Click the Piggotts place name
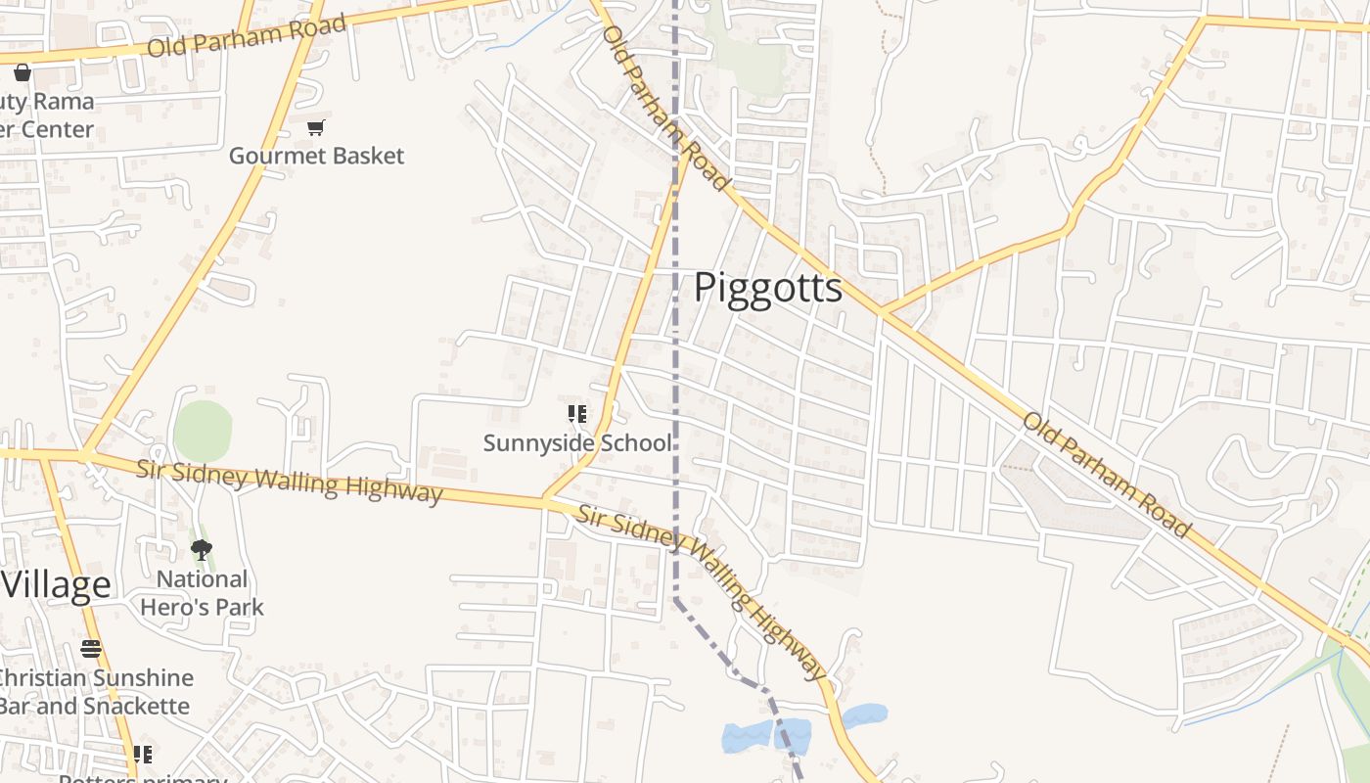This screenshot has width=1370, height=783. [768, 288]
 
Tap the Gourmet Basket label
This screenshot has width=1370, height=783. [316, 156]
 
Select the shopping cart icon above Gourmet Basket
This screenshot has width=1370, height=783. [315, 127]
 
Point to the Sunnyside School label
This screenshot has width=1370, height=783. [577, 442]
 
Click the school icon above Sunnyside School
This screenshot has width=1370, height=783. [577, 415]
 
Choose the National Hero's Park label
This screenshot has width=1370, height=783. [202, 593]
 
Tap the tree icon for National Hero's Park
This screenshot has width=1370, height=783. [202, 550]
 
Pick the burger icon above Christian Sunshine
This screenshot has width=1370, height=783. [91, 649]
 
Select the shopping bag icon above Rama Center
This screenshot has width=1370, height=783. [22, 72]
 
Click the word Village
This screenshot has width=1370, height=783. [56, 584]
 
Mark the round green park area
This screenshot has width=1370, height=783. [203, 431]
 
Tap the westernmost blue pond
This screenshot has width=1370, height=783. [747, 737]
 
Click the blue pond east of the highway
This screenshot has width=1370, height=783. [865, 714]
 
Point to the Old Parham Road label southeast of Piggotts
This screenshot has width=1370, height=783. [1107, 476]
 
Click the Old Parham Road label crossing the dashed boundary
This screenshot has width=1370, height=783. [665, 108]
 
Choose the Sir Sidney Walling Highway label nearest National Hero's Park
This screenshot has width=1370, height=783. [289, 481]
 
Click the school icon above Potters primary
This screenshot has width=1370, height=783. [143, 755]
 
